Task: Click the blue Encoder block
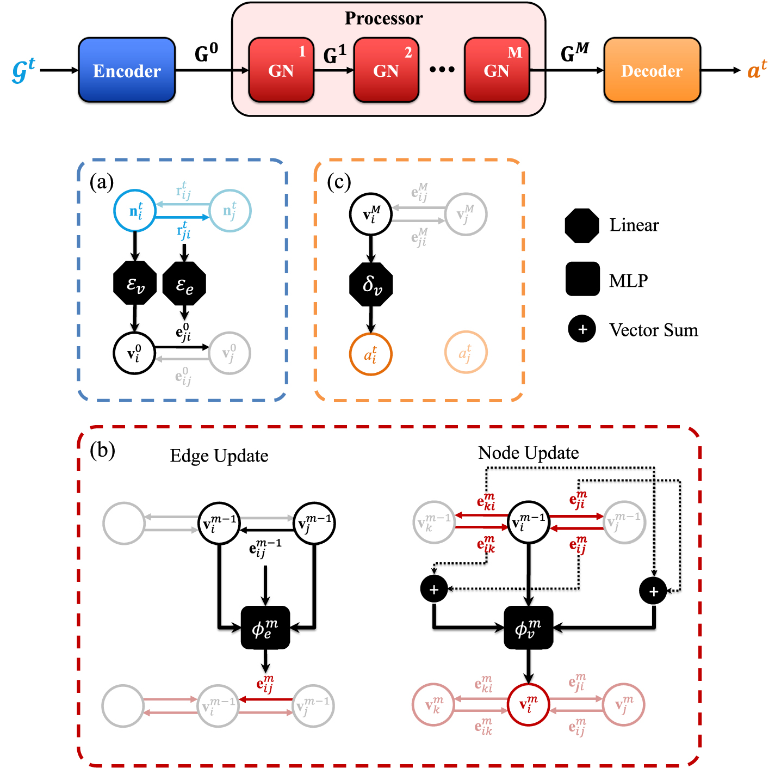(127, 70)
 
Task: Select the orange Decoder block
(652, 70)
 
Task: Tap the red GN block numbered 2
(386, 70)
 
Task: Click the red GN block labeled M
(497, 70)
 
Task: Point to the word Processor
(383, 19)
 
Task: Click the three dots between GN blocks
(442, 70)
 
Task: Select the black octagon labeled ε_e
(184, 284)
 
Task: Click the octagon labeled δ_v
(371, 284)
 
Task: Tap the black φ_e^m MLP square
(265, 628)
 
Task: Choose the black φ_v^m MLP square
(528, 628)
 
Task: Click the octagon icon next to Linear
(582, 225)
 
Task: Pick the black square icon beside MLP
(582, 279)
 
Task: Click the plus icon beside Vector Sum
(582, 329)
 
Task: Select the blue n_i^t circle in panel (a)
(135, 211)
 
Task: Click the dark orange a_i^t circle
(370, 354)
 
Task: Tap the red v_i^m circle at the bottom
(528, 705)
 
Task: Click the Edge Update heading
(219, 456)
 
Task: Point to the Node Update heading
(528, 453)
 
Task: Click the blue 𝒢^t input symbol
(23, 71)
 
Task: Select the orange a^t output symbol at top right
(757, 70)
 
